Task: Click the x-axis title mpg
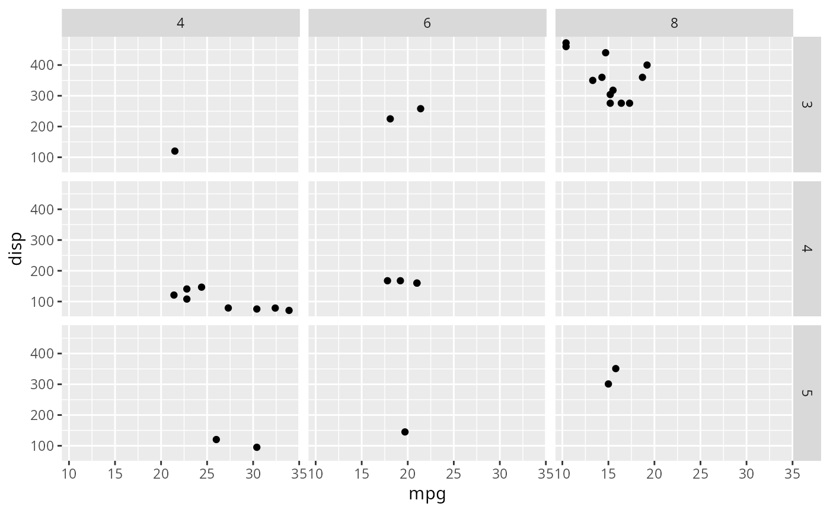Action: click(x=427, y=494)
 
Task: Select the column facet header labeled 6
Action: click(x=427, y=23)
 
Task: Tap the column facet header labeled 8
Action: click(x=674, y=23)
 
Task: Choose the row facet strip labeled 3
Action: click(x=806, y=104)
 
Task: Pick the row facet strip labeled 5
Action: click(x=806, y=393)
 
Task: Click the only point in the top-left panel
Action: click(x=175, y=151)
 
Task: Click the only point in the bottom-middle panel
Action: click(x=405, y=432)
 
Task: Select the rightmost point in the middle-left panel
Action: click(x=289, y=310)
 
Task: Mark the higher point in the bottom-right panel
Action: click(x=615, y=368)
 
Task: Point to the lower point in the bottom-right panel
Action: click(x=608, y=384)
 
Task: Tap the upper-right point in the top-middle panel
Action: click(x=420, y=108)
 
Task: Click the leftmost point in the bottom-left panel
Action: click(x=216, y=440)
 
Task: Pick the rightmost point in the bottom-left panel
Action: click(x=257, y=447)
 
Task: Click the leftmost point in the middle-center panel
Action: click(x=388, y=281)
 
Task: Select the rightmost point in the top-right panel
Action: click(x=647, y=65)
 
